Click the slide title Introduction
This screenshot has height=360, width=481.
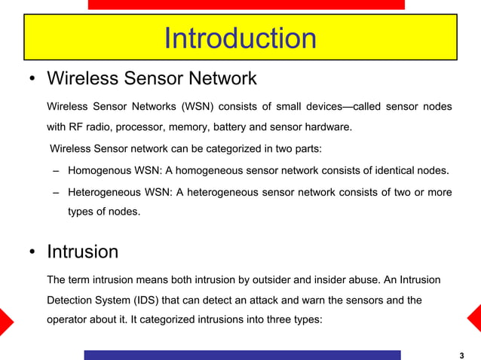click(240, 38)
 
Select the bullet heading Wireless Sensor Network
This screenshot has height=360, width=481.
click(152, 78)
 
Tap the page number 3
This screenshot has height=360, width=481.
click(461, 355)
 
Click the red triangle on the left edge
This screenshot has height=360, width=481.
click(5, 319)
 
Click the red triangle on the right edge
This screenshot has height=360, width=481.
click(475, 319)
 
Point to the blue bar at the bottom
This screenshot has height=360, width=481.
click(242, 355)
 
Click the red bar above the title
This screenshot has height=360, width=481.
click(246, 5)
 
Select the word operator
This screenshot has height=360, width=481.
click(68, 319)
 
